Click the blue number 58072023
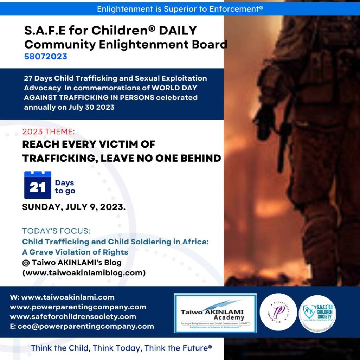pos(46,56)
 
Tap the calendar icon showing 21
pos(38,185)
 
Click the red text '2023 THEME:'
pos(49,132)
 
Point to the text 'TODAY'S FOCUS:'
pos(56,231)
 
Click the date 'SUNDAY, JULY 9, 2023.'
pos(74,207)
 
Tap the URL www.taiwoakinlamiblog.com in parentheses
pos(84,272)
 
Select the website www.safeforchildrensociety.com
pos(73,316)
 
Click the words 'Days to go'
pos(65,187)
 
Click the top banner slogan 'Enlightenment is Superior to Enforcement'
pos(180,8)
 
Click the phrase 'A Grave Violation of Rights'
pos(75,252)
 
